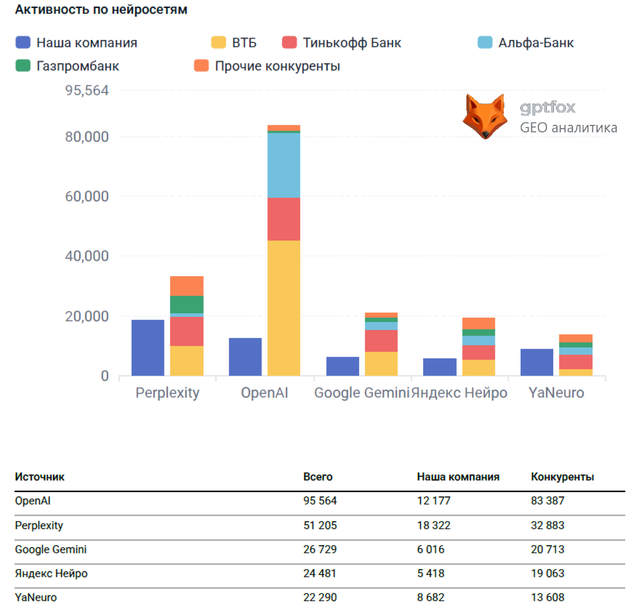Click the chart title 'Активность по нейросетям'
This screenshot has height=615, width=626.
pyautogui.click(x=101, y=10)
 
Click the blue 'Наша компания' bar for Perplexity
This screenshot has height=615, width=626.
pyautogui.click(x=148, y=348)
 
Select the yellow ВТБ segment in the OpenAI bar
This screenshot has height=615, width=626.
pyautogui.click(x=284, y=308)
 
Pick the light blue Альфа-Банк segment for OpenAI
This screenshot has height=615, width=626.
pyautogui.click(x=284, y=165)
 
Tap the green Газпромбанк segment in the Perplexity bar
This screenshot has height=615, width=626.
pyautogui.click(x=186, y=305)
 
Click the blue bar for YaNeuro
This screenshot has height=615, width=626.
pyautogui.click(x=537, y=362)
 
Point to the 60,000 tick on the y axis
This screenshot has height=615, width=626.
pyautogui.click(x=87, y=196)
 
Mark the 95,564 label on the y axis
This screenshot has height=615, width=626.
pyautogui.click(x=87, y=91)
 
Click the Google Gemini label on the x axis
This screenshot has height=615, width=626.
pyautogui.click(x=361, y=393)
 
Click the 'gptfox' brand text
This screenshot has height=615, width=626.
pyautogui.click(x=547, y=107)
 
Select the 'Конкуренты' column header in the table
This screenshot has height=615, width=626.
pyautogui.click(x=562, y=477)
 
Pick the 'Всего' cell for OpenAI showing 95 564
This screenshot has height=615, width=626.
pyautogui.click(x=320, y=501)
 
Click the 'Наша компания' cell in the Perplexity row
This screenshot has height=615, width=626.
pyautogui.click(x=433, y=525)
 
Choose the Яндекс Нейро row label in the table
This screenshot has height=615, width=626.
pyautogui.click(x=51, y=574)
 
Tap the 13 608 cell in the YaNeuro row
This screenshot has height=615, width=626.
pyautogui.click(x=547, y=598)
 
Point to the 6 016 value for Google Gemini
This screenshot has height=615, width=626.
pyautogui.click(x=430, y=550)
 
